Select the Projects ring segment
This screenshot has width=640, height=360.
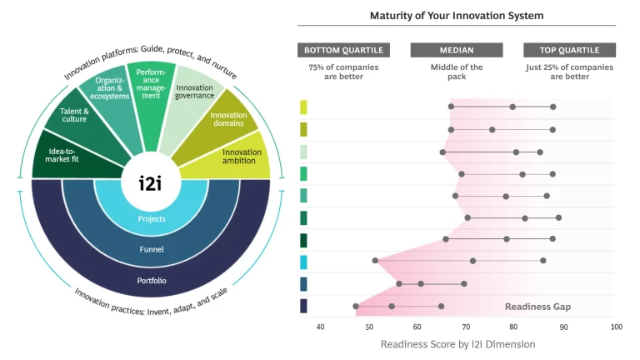(152, 219)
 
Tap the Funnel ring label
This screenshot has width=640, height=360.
(152, 248)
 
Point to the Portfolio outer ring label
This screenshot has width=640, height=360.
(152, 280)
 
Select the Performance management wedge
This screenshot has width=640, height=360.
(152, 83)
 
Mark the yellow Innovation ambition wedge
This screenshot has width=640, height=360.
(241, 157)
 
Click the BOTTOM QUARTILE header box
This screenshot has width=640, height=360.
(344, 50)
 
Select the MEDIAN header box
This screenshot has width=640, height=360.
(457, 50)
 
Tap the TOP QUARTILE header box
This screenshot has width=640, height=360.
(569, 50)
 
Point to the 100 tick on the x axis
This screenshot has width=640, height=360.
(616, 327)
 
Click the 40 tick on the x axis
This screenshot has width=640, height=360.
(320, 327)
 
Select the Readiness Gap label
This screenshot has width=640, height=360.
(537, 307)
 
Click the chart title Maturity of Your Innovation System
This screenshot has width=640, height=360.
(457, 16)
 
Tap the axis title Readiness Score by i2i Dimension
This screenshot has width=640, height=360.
(457, 344)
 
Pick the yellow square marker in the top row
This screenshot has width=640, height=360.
(303, 107)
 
